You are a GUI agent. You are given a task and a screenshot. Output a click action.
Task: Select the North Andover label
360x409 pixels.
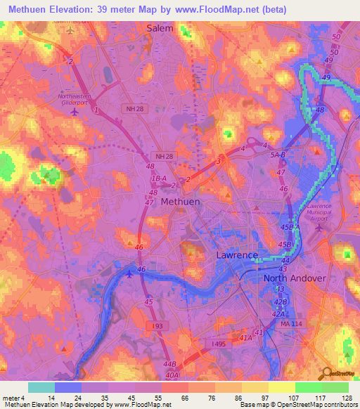(x=295, y=278)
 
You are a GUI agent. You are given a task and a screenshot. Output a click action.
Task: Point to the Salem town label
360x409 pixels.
(x=160, y=28)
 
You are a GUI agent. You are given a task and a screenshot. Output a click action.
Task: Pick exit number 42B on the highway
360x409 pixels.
(x=281, y=302)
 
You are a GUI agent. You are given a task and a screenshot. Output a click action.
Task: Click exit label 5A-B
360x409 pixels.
(x=278, y=155)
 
